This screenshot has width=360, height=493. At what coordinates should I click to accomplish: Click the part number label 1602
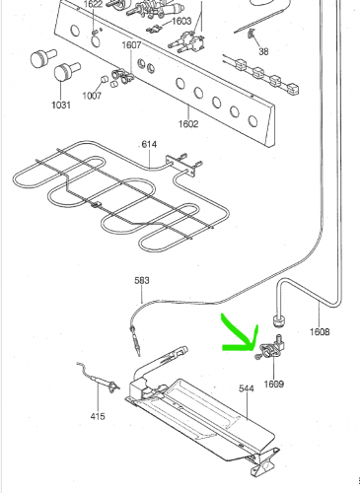point(188,124)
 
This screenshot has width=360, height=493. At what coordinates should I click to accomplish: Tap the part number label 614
point(149,144)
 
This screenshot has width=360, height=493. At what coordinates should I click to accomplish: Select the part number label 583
point(142,280)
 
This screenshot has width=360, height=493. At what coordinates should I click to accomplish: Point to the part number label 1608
point(320,332)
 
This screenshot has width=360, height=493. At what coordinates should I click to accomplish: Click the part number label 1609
point(274,384)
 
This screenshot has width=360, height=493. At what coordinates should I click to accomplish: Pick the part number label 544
point(247,388)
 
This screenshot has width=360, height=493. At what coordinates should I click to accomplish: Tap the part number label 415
point(98,416)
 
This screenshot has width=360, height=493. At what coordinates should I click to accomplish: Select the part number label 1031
point(61,105)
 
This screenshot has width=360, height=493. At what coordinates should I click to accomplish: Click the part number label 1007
point(92,96)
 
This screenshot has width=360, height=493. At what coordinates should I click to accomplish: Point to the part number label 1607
point(131,45)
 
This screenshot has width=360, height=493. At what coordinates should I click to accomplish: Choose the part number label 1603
point(181,21)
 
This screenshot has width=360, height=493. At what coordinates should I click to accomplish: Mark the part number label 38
point(263,51)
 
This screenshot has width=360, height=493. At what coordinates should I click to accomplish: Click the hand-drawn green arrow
point(240,337)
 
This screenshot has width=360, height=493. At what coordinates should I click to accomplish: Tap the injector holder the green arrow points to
point(271,347)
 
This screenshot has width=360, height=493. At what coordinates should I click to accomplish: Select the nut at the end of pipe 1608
point(279,320)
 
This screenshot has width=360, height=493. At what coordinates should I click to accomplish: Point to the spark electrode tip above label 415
point(112,387)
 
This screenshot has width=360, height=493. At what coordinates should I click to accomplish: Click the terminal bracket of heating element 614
point(180,164)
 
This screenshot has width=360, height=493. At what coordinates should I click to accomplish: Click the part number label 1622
point(93,4)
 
